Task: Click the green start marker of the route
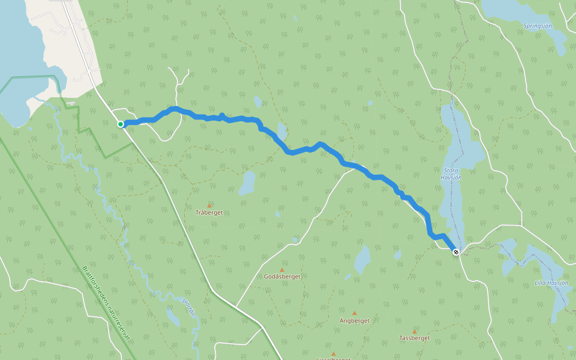121,124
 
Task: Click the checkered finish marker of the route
457,252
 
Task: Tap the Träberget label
209,212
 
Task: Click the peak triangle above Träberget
209,205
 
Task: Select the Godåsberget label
282,277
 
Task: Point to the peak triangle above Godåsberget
281,270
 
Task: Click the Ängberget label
354,320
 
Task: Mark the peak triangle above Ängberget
354,313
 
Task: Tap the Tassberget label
414,338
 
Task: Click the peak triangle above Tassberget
414,331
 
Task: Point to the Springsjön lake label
538,26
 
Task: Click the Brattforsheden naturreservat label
106,303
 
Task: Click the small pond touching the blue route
281,130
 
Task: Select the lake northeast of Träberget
247,183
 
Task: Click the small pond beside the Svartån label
172,317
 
